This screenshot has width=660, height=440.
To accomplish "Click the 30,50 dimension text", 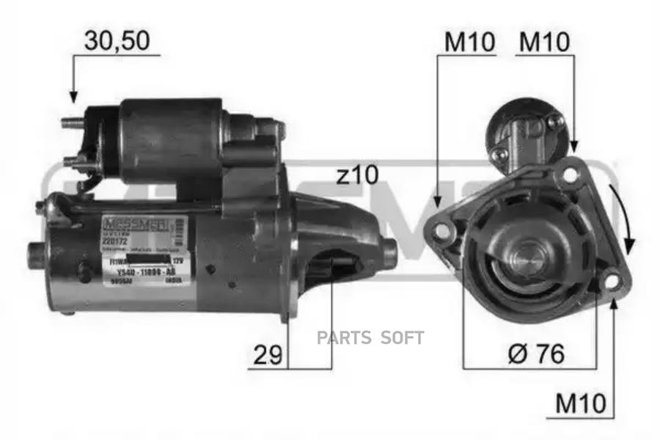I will tap(117, 41).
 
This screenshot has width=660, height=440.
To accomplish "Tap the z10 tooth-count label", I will tap(356, 175).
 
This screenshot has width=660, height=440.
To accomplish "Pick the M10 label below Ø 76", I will tap(580, 403).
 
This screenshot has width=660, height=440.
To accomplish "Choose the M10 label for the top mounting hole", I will tap(544, 42).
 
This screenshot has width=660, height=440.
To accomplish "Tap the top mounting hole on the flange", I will tap(568, 175).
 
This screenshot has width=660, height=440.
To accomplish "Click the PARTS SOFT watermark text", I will tap(370, 337).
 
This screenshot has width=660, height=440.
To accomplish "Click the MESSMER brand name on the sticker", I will tap(134, 222).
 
